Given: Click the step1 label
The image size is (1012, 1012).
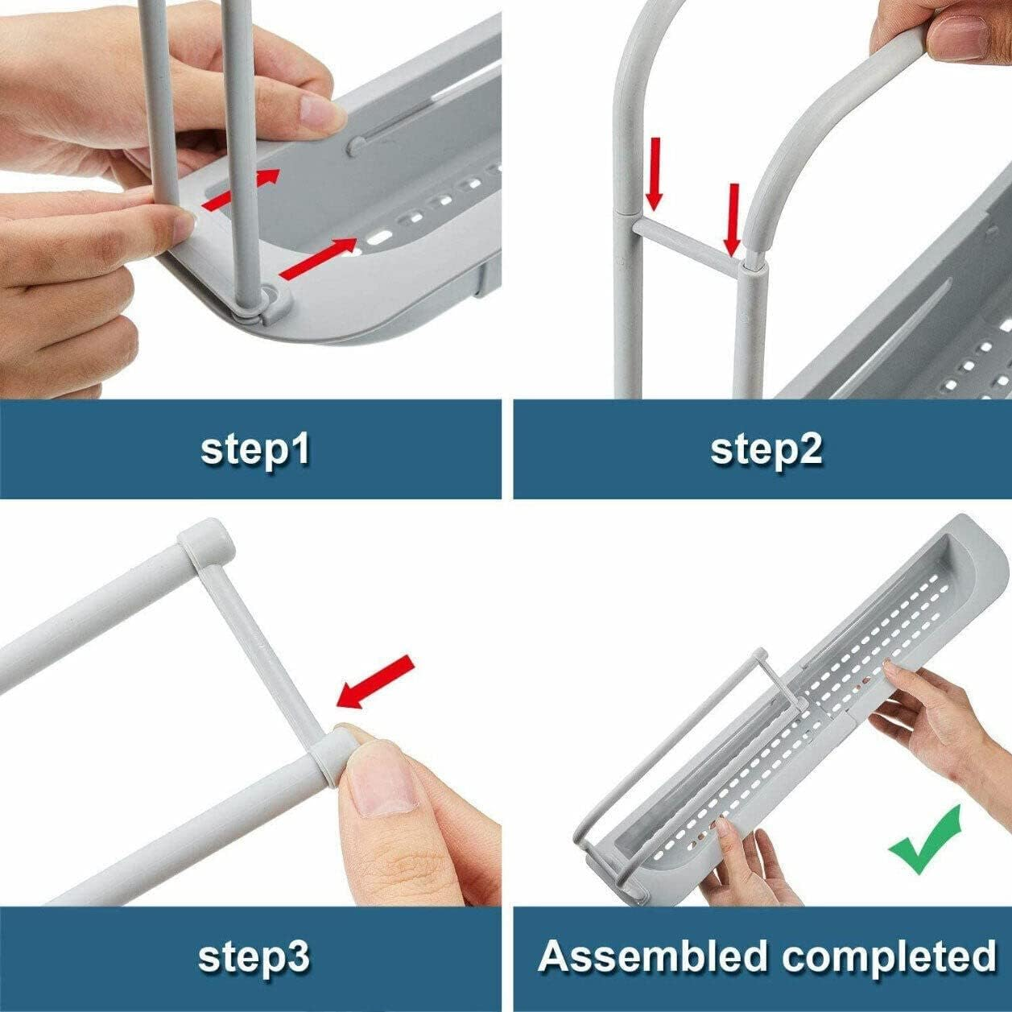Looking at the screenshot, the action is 255,449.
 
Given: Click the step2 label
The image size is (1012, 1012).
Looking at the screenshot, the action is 766,449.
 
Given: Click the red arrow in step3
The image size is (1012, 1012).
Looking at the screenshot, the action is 375,682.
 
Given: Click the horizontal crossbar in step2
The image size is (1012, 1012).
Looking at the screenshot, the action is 688,244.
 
